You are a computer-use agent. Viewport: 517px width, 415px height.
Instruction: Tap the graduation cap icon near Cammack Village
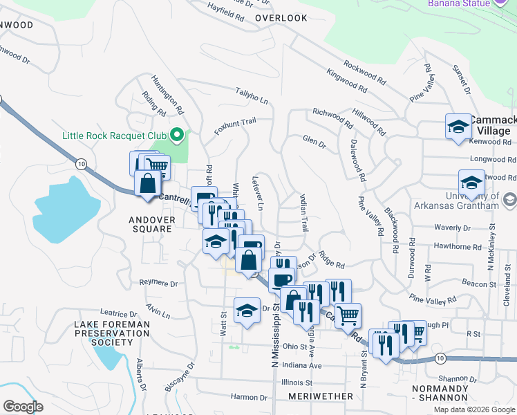pos(458,127)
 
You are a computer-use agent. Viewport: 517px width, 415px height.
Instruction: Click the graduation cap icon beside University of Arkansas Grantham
pos(471,183)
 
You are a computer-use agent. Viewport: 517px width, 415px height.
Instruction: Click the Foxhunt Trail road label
pos(235,126)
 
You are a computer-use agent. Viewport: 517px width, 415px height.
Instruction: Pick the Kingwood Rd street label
pos(347,80)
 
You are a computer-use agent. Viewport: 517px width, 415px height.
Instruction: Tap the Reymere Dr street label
pos(158,284)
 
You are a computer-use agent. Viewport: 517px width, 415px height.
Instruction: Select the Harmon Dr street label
pos(249,397)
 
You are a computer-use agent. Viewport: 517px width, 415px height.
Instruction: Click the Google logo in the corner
pos(23,407)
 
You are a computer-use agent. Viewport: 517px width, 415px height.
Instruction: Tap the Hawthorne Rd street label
pos(458,246)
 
